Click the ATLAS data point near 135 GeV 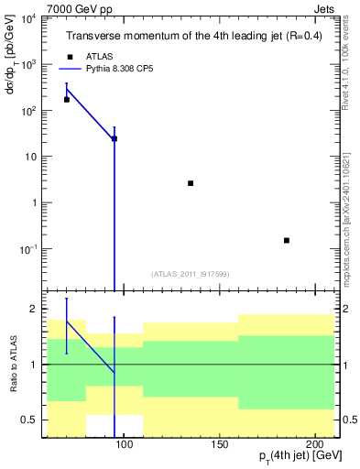[x=191, y=183]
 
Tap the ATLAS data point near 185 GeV [x=287, y=240]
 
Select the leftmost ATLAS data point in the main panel [x=67, y=99]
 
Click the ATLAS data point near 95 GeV [x=115, y=138]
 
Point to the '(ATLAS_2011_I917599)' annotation [x=190, y=273]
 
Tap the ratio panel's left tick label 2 [x=35, y=309]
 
